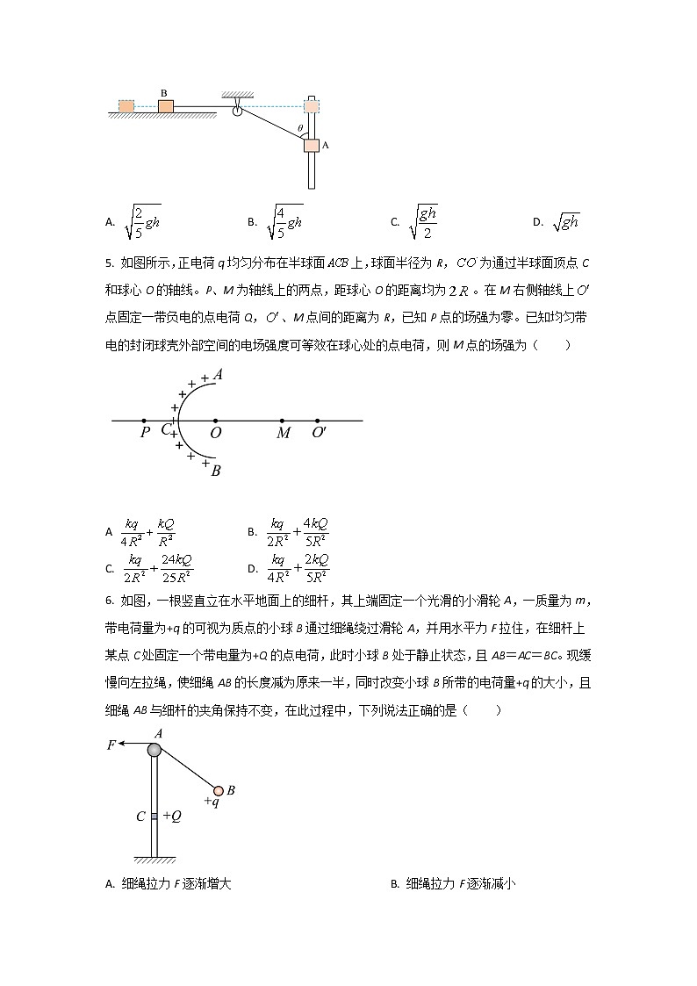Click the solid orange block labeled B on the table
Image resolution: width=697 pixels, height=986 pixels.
tap(165, 106)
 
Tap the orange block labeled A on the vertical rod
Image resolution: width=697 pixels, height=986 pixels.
tap(312, 146)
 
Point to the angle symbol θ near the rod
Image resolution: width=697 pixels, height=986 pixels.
tap(299, 128)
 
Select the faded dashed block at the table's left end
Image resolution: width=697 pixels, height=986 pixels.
tap(126, 106)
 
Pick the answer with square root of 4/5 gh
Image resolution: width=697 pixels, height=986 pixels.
tap(285, 223)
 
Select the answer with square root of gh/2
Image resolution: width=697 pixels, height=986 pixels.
tap(423, 223)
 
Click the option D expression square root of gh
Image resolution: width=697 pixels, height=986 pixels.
tap(566, 223)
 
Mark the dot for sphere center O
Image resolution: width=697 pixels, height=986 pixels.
tap(215, 421)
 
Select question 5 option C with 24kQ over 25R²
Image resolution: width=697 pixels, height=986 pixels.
tap(159, 568)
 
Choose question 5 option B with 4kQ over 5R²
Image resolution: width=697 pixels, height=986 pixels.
tap(299, 532)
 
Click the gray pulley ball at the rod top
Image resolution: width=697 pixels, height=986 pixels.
tap(154, 749)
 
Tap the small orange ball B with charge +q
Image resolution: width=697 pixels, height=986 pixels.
tap(219, 790)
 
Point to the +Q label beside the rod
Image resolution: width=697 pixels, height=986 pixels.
tap(172, 816)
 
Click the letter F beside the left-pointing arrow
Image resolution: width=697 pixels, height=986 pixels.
tap(111, 745)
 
